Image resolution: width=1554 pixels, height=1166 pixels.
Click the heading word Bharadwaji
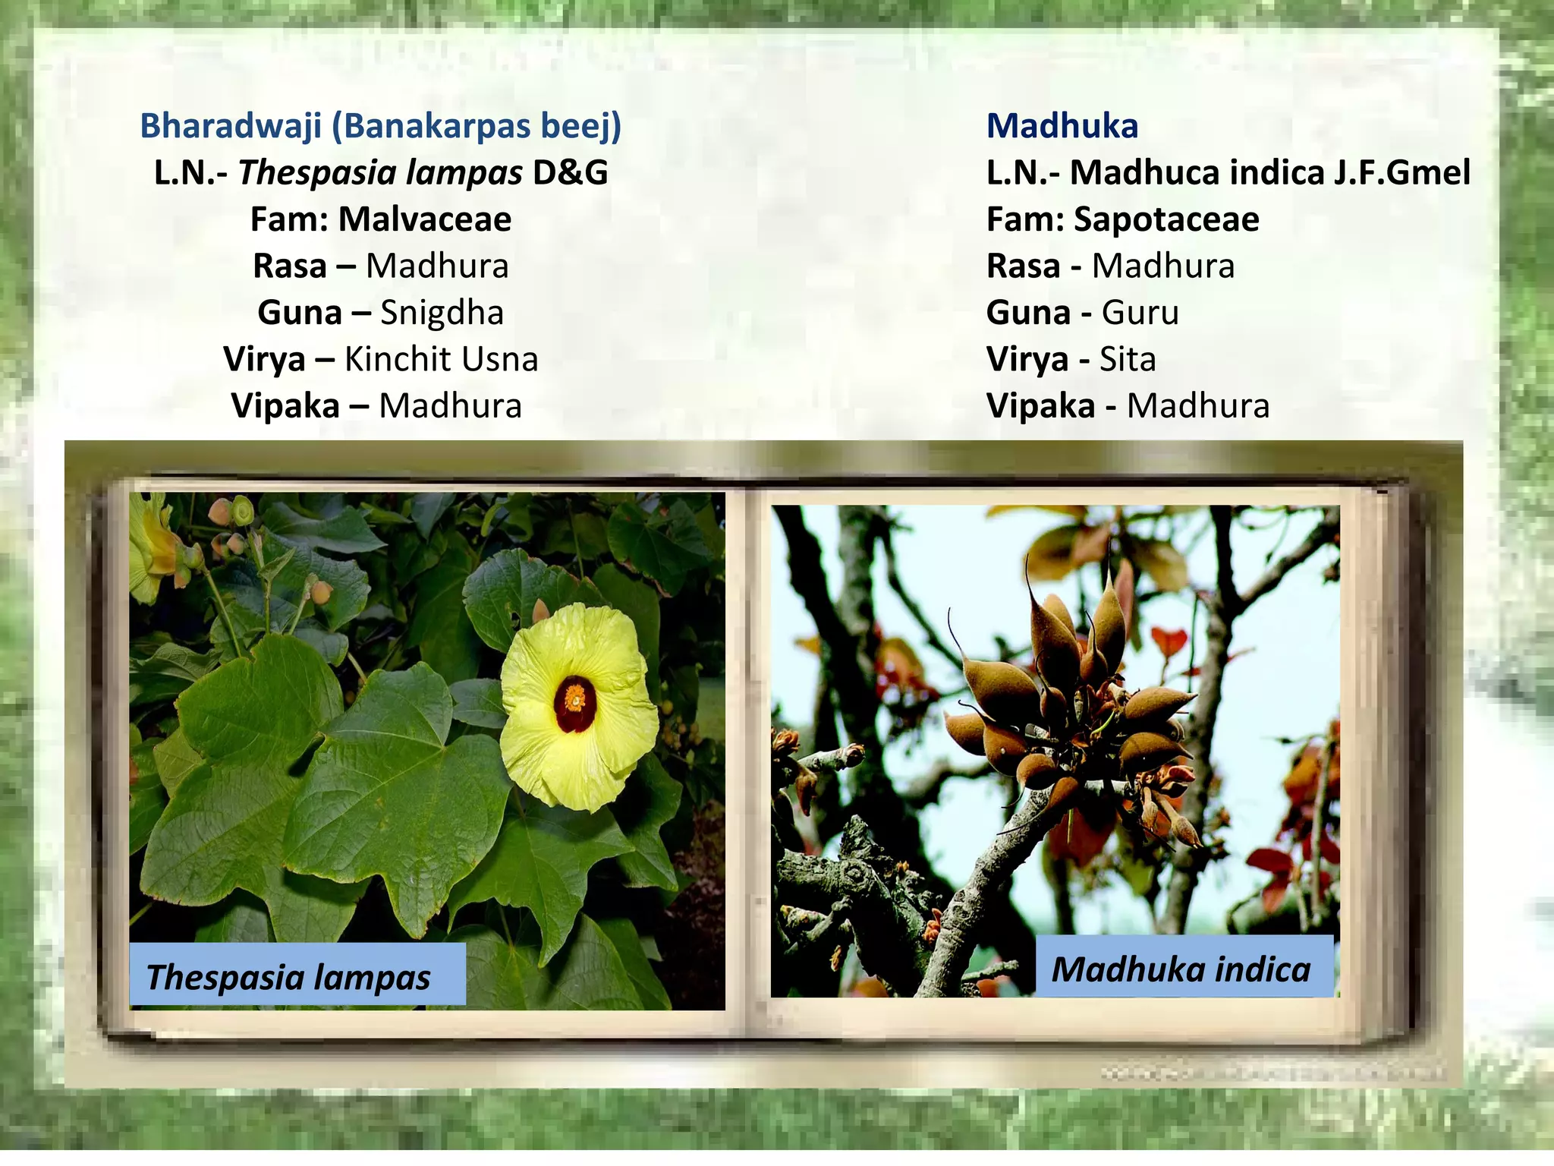[x=231, y=126]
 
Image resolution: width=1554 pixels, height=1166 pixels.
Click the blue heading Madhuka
[x=1062, y=126]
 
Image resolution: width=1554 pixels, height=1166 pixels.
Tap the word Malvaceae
[x=424, y=219]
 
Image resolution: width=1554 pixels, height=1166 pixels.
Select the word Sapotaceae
[x=1166, y=219]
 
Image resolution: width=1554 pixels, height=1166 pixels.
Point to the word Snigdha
[x=442, y=313]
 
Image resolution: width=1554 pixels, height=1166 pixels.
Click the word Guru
[x=1140, y=313]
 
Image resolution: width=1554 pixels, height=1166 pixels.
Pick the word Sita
[x=1128, y=359]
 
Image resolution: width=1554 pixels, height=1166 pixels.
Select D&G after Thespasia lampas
[x=570, y=172]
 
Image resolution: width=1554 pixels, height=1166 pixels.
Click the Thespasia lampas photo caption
[x=288, y=976]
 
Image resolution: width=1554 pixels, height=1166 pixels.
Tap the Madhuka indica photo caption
[x=1181, y=969]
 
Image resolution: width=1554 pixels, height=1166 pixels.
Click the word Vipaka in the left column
[x=285, y=406]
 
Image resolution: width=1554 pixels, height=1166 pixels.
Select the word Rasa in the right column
[x=1023, y=266]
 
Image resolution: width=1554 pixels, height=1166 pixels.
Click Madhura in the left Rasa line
[x=437, y=266]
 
